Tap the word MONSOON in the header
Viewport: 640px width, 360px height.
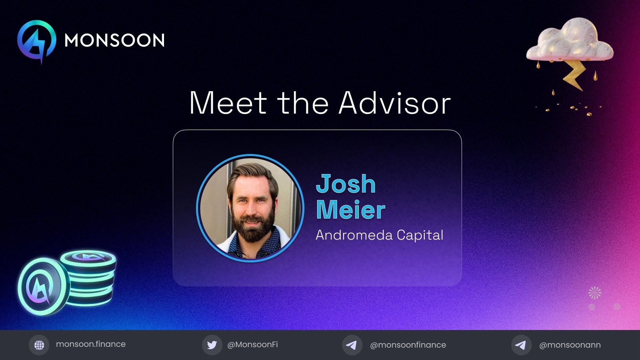[x=114, y=40]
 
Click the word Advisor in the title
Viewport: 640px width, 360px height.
[x=394, y=103]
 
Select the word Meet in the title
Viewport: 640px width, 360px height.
[x=228, y=103]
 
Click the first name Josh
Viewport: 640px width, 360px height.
[x=346, y=184]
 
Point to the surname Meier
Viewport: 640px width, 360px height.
[x=350, y=210]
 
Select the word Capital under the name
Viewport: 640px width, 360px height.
[x=420, y=236]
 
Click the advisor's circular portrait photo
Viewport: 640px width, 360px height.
[x=250, y=208]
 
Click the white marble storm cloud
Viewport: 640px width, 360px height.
[x=570, y=40]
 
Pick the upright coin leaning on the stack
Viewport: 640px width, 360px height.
[x=43, y=286]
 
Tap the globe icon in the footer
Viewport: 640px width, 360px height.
[x=39, y=345]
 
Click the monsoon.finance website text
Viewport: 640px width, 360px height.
[x=91, y=344]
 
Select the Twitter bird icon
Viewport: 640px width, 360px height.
[x=212, y=345]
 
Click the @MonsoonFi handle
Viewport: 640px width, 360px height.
[x=252, y=345]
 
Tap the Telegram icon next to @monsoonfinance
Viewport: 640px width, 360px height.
[x=352, y=345]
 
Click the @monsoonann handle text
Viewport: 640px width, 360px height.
[x=570, y=345]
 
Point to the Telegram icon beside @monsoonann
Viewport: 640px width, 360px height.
[x=521, y=345]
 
